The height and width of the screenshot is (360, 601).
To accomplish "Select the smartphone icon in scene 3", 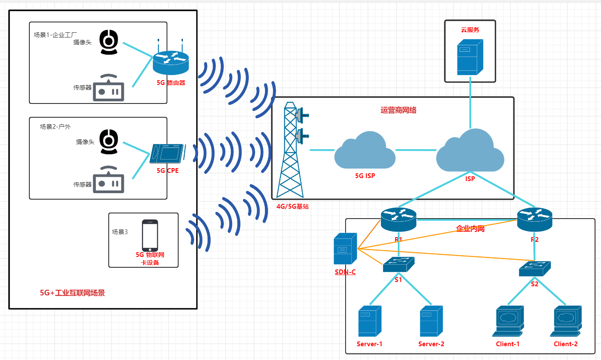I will pos(150,235).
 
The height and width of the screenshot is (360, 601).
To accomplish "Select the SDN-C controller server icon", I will pos(345,249).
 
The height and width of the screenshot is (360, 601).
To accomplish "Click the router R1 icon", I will pos(398,219).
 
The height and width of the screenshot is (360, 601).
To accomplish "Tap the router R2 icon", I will pos(535,219).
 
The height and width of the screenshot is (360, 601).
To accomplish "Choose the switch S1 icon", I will pos(398,264).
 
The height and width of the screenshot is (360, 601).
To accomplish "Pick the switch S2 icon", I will pos(535,269).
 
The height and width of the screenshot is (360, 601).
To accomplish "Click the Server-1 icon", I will pos(369,321).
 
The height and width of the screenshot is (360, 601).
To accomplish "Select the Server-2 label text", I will pos(431,344).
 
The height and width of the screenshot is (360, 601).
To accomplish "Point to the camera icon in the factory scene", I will pos(108,42).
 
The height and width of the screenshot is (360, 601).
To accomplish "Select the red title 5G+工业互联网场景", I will pos(72,293).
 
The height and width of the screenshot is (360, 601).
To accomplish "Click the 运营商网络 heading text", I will pos(398,110).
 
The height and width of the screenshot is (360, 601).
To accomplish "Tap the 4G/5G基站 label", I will pos(293,207).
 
